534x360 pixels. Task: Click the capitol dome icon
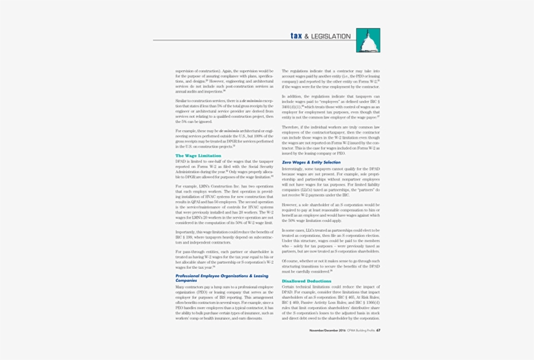click(x=368, y=42)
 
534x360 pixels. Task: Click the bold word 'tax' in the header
click(x=296, y=36)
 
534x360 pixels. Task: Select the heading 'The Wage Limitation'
click(x=198, y=156)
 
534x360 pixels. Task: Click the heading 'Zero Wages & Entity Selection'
click(x=311, y=162)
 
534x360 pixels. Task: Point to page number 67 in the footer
click(x=378, y=330)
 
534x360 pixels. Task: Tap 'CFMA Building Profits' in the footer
click(x=359, y=330)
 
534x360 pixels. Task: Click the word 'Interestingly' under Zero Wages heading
click(x=293, y=168)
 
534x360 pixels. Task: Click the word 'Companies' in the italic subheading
click(x=186, y=280)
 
